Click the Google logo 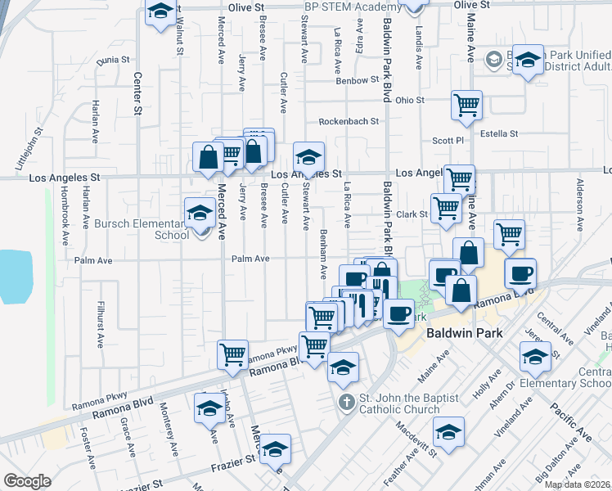(x=27, y=481)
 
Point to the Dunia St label (x=113, y=60)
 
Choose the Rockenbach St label (x=349, y=120)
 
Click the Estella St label (x=499, y=133)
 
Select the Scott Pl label (x=448, y=141)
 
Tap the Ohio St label (x=410, y=101)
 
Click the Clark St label (x=412, y=214)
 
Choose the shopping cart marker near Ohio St (x=466, y=105)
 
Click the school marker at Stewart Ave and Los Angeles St (x=309, y=156)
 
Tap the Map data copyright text (x=577, y=484)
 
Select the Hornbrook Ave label (x=65, y=221)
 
